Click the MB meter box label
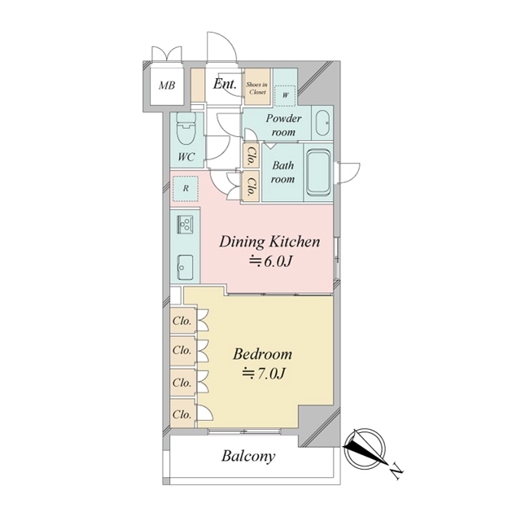pos(167,85)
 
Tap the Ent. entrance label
pos(225,84)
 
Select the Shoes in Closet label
pos(257,88)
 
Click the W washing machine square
pos(285,96)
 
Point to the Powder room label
pos(283,125)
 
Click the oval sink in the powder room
pos(322,123)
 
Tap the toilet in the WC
pos(186,129)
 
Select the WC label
pos(186,156)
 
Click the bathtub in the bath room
pos(318,173)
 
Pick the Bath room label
pos(282,172)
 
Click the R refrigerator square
pos(186,188)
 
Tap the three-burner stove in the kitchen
pos(186,223)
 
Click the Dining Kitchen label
pos(269,242)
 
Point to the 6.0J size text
pos(271,262)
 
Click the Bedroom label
pos(262,354)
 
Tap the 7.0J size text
pos(264,374)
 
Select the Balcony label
pos(248,457)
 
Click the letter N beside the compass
pos(396,471)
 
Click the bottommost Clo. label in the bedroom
pos(182,414)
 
